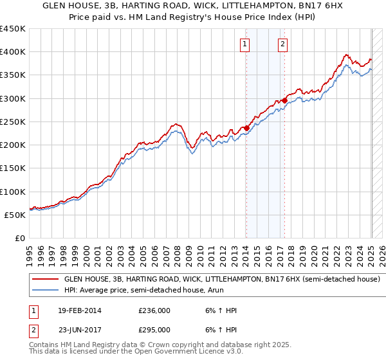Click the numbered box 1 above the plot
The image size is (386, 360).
click(245, 44)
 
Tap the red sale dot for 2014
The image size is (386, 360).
click(246, 128)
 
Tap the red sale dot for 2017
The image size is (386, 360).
click(284, 100)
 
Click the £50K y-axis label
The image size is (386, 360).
click(15, 215)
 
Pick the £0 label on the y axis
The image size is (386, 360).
click(21, 239)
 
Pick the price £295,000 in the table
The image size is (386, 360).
click(154, 330)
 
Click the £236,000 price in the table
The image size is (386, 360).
click(154, 310)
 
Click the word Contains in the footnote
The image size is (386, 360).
click(44, 346)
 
